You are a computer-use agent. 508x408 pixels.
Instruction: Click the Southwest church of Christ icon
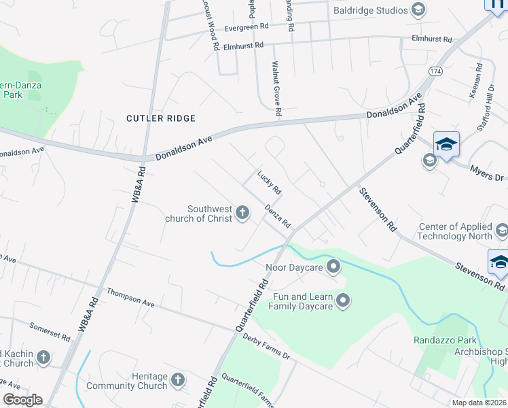point(242,214)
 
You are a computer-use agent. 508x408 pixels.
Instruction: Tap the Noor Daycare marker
point(333,267)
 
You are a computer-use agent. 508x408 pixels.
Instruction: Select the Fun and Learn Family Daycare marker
point(343,300)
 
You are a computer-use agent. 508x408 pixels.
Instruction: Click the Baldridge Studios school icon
point(418,10)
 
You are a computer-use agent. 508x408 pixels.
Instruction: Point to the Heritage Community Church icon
point(178,380)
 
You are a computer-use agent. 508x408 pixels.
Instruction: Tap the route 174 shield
point(435,71)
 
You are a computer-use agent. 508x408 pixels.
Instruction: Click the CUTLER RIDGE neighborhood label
point(161,118)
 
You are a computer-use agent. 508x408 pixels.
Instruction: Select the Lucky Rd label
point(269,180)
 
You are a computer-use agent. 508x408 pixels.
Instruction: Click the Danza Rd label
point(278,216)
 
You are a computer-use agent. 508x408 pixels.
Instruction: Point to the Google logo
point(22,399)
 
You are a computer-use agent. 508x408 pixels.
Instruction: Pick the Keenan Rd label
point(475,81)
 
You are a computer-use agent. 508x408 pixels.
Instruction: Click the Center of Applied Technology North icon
point(501,231)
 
